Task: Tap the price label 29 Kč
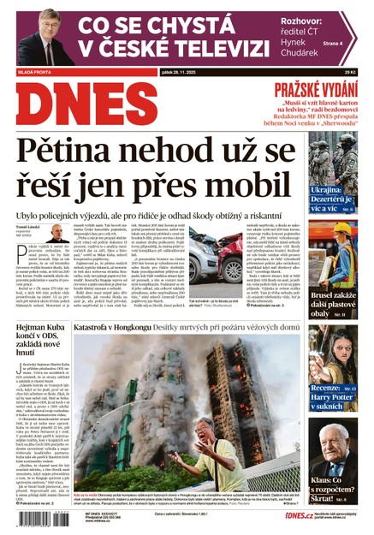(x=350, y=73)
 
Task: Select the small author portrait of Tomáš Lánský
(x=56, y=233)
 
